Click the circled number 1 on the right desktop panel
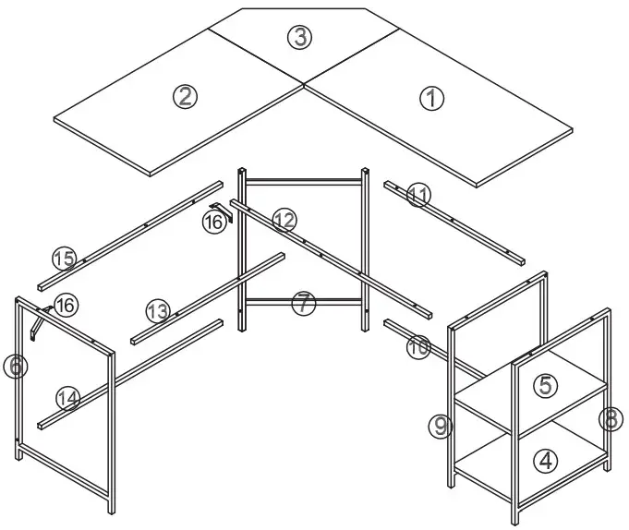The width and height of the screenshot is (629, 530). pyautogui.click(x=431, y=98)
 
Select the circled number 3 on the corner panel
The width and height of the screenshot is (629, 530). pyautogui.click(x=298, y=38)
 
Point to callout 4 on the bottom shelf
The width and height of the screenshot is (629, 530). pyautogui.click(x=546, y=459)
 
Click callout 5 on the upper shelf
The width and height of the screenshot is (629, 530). pyautogui.click(x=546, y=385)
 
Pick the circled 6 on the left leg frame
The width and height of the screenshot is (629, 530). pyautogui.click(x=15, y=367)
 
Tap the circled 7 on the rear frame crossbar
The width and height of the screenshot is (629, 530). pyautogui.click(x=304, y=303)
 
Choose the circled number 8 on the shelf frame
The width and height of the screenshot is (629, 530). pyautogui.click(x=609, y=419)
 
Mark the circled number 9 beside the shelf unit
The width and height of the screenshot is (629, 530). pyautogui.click(x=441, y=426)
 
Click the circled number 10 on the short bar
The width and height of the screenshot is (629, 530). pyautogui.click(x=417, y=346)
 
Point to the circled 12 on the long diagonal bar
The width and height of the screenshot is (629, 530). pyautogui.click(x=284, y=221)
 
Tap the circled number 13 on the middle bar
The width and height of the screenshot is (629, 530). pyautogui.click(x=158, y=310)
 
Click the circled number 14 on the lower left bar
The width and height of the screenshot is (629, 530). pyautogui.click(x=67, y=398)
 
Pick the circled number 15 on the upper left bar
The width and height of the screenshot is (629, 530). pyautogui.click(x=63, y=259)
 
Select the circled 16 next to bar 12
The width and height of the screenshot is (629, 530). pyautogui.click(x=213, y=223)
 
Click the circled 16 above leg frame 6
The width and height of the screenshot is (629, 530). pyautogui.click(x=66, y=304)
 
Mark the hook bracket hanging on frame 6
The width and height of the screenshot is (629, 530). pyautogui.click(x=38, y=322)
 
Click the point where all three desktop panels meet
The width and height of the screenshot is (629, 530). pyautogui.click(x=304, y=83)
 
